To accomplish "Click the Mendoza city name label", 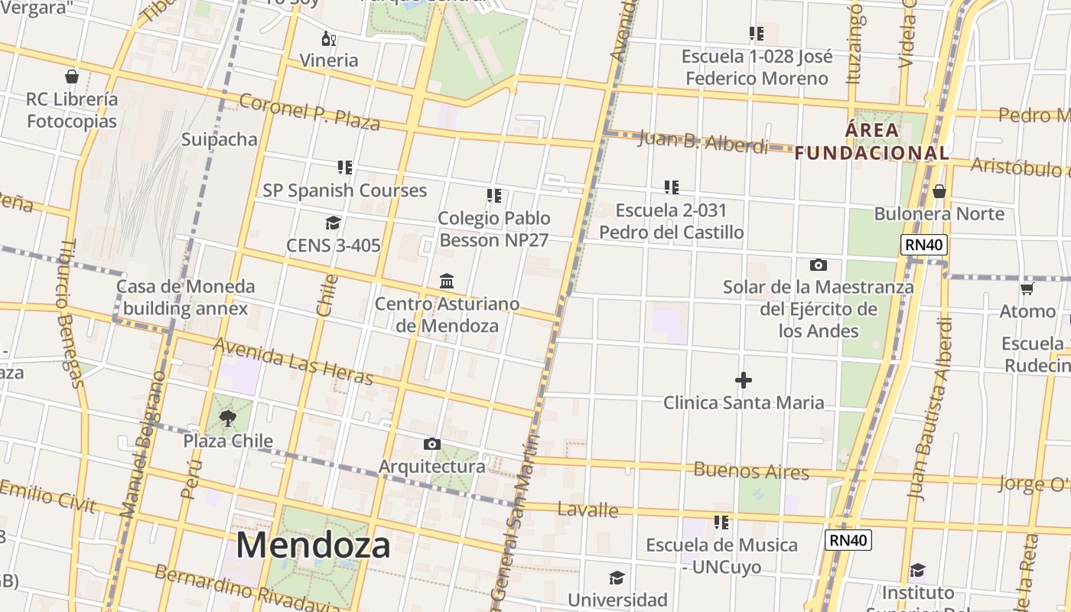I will [313, 545].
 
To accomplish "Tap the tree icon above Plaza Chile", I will [227, 418].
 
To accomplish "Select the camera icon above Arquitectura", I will [431, 444].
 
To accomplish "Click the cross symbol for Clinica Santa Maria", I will [744, 379].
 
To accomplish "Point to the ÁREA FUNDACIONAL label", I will [872, 142].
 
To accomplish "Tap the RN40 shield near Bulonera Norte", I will [924, 246].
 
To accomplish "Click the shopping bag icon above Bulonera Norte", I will [939, 191].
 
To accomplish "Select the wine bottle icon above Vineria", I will [329, 38].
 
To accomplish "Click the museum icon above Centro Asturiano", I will [447, 281].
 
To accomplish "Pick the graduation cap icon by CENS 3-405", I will [333, 223].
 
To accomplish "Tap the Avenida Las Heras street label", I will [293, 362].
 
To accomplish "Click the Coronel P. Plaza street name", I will [310, 112].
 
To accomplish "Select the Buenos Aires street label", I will [750, 470].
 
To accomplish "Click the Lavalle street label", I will [588, 509].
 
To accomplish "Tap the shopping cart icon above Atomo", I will [1027, 288].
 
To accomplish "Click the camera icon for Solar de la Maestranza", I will [818, 265].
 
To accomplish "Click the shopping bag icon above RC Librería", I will [72, 76].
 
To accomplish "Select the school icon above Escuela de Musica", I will [721, 522].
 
